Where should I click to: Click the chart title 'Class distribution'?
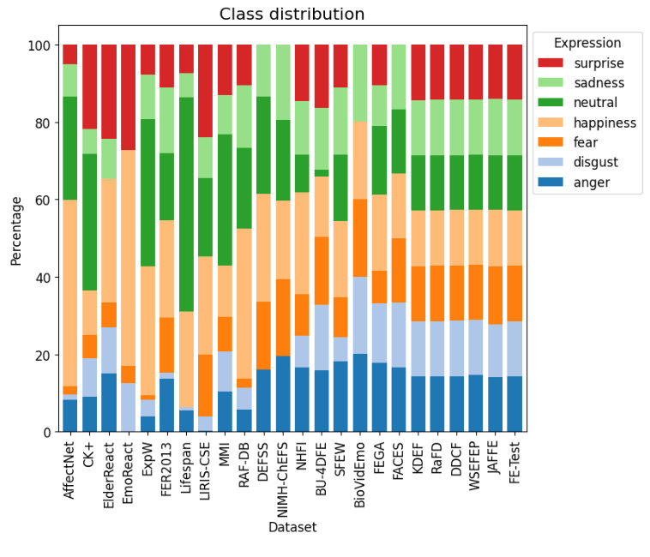(x=292, y=14)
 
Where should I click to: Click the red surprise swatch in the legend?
(x=552, y=63)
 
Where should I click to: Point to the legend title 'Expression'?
(x=587, y=43)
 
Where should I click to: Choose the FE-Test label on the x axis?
(x=515, y=466)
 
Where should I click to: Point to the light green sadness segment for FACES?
(x=400, y=77)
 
